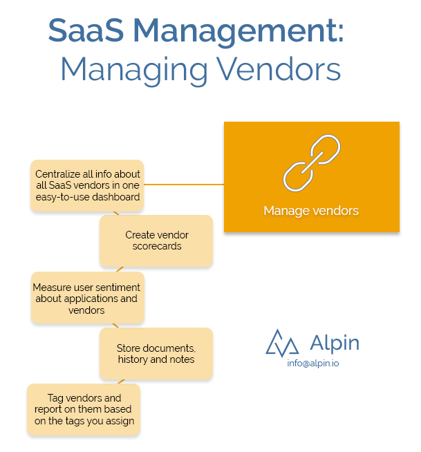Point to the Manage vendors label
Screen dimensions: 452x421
(x=311, y=210)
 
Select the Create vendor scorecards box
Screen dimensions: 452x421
(x=156, y=241)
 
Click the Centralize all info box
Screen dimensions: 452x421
(x=88, y=185)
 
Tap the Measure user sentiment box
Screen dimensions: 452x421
(x=87, y=299)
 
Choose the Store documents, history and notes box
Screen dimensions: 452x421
(x=156, y=353)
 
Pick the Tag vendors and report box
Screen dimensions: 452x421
(x=84, y=409)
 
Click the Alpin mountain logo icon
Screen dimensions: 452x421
(x=282, y=343)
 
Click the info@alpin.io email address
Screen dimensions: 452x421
(x=313, y=363)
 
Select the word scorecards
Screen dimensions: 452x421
(x=157, y=246)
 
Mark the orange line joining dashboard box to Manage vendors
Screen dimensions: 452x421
(x=183, y=184)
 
